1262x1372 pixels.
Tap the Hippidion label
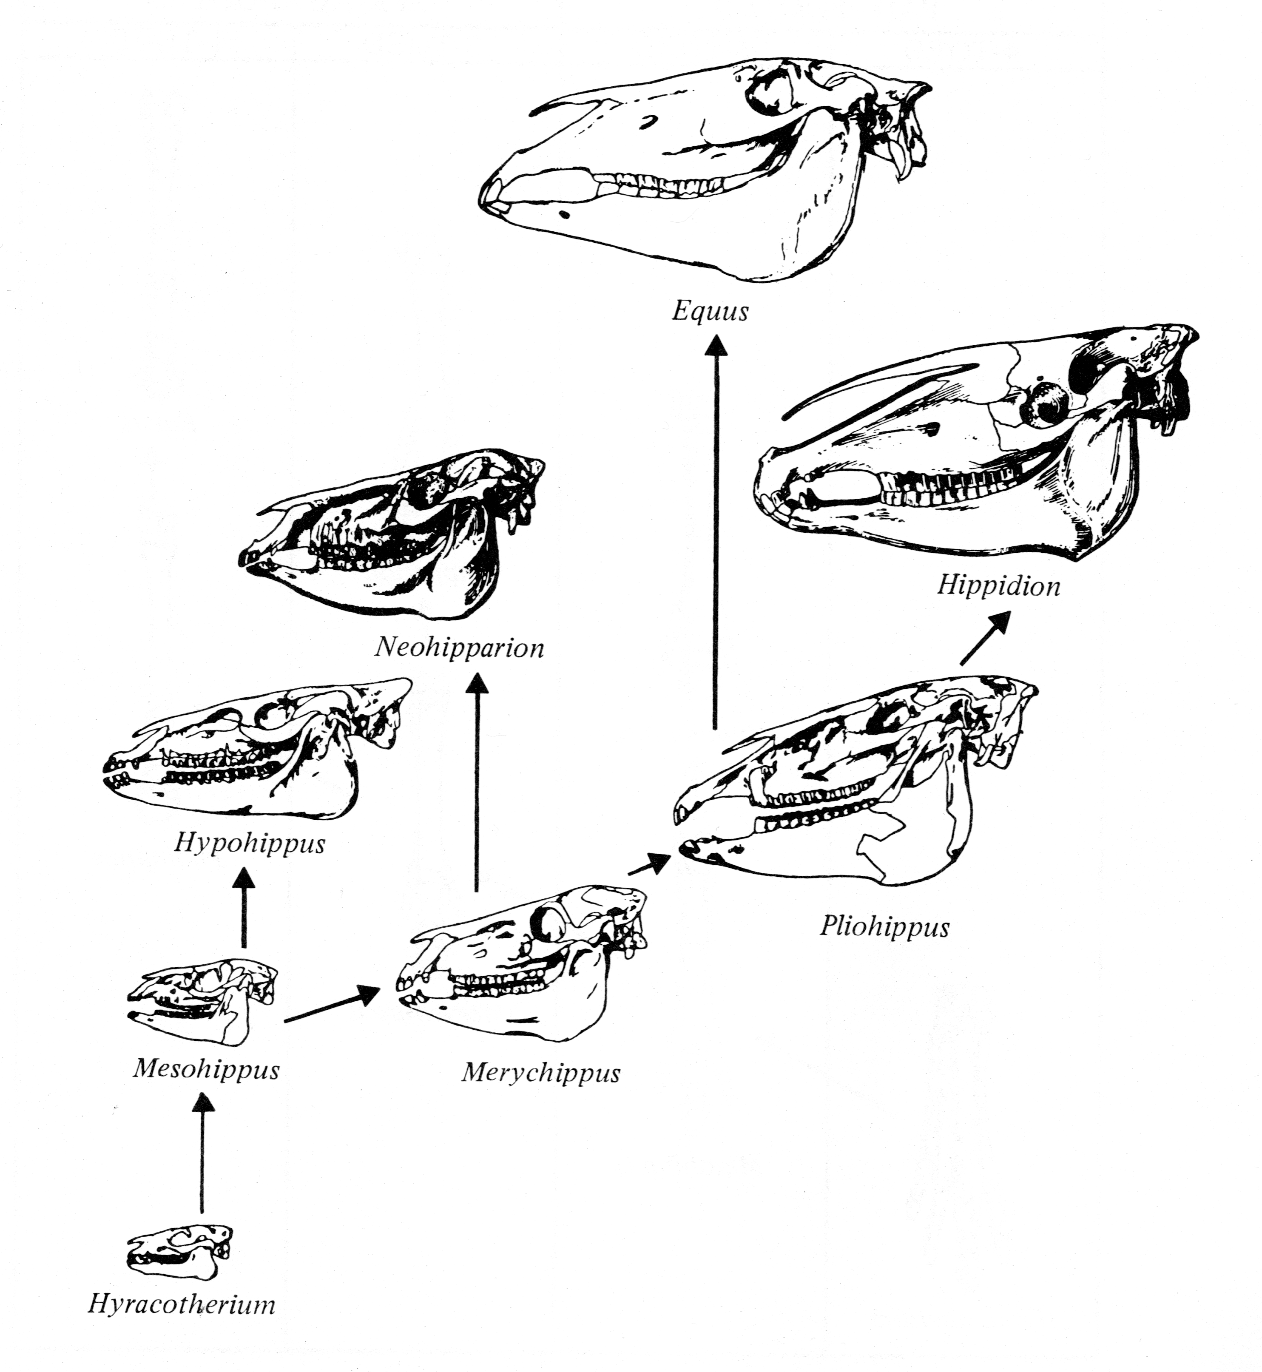[998, 586]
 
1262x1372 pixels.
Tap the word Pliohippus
[884, 927]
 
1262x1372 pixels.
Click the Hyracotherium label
[182, 1305]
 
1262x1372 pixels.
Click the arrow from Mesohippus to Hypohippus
[244, 908]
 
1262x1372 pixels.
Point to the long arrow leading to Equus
[716, 533]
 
